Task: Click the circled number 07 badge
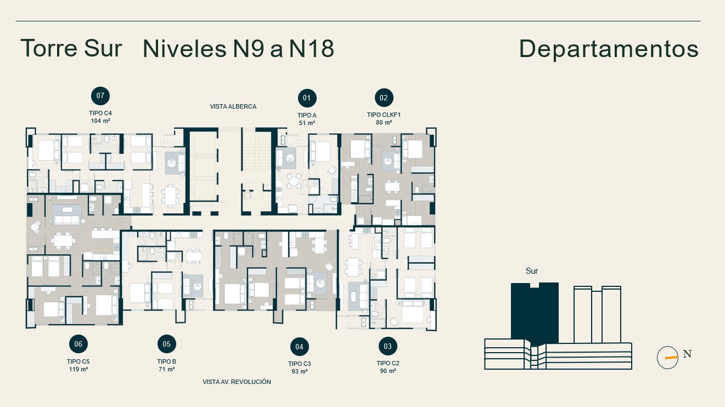point(100,96)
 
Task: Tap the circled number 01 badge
point(307,98)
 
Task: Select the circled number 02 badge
point(384,98)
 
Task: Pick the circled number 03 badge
point(387,346)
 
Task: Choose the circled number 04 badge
point(300,347)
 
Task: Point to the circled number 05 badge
point(167,344)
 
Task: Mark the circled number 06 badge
point(78,344)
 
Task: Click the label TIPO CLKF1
point(384,115)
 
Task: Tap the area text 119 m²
point(78,369)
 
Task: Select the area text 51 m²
point(307,123)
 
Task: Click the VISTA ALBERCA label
point(233,106)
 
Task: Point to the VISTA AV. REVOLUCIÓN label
point(237,382)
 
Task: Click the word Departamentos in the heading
point(609,49)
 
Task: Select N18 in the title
point(311,48)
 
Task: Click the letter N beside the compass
point(687,354)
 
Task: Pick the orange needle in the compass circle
point(671,358)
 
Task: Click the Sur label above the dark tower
point(532,271)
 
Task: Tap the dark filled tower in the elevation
point(535,312)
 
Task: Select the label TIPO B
point(167,361)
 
